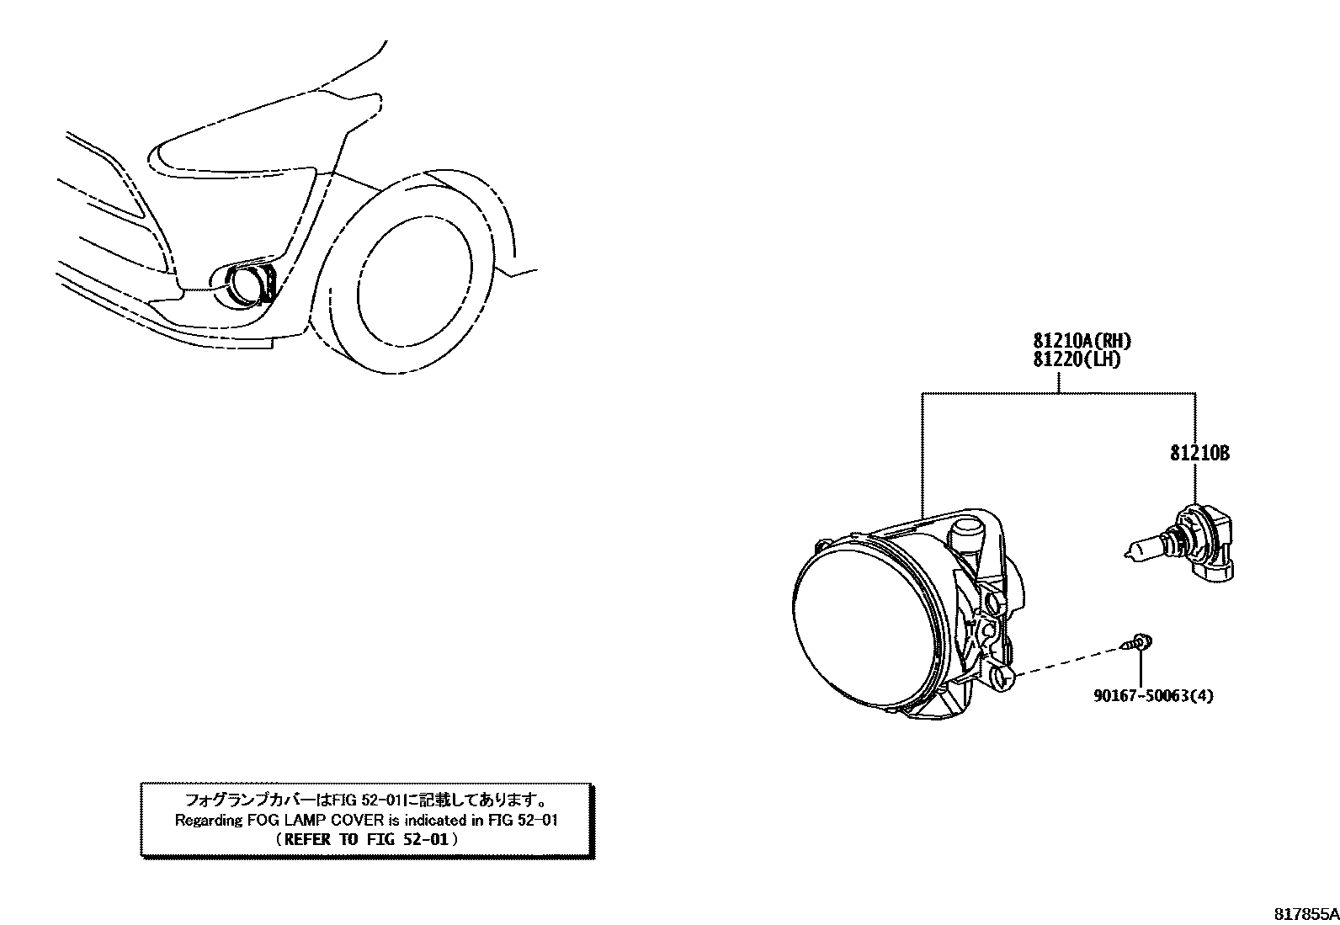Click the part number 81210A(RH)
click(x=1082, y=342)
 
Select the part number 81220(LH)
click(x=1077, y=359)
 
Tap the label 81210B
click(x=1199, y=454)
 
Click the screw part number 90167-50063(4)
click(x=1153, y=696)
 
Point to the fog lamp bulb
click(x=1188, y=546)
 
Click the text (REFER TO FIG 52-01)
click(x=367, y=839)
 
